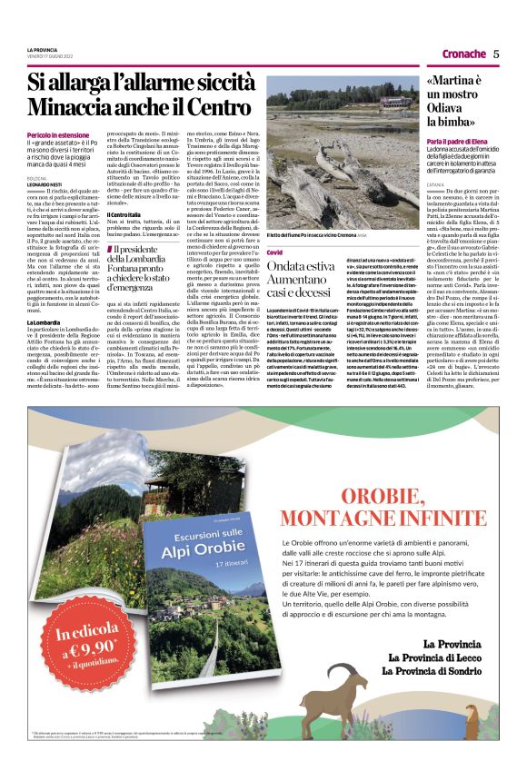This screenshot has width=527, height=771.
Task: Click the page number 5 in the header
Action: click(x=496, y=54)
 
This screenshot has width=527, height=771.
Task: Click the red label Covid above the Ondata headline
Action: click(x=273, y=224)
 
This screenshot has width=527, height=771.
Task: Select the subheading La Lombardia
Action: click(x=44, y=322)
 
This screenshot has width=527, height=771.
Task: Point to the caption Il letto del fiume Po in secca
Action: click(x=327, y=211)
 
